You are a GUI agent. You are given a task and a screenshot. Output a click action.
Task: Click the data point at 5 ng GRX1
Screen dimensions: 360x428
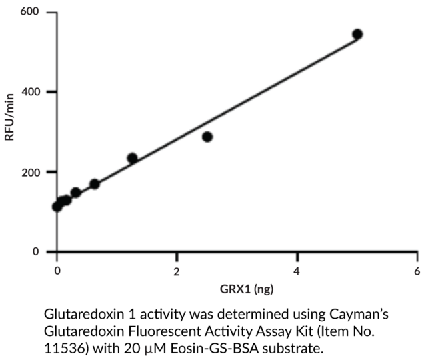coord(357,34)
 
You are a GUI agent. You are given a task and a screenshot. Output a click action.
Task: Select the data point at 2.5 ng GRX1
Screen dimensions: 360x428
coord(207,137)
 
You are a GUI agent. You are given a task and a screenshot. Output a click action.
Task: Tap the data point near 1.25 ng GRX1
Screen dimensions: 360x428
coord(132,158)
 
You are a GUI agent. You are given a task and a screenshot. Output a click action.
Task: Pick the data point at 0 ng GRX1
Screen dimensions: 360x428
coord(57,207)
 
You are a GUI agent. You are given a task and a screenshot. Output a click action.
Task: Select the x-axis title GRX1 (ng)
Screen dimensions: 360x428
coord(237,290)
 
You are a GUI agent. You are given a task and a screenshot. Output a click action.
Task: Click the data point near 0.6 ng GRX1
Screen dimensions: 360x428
coord(95,184)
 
